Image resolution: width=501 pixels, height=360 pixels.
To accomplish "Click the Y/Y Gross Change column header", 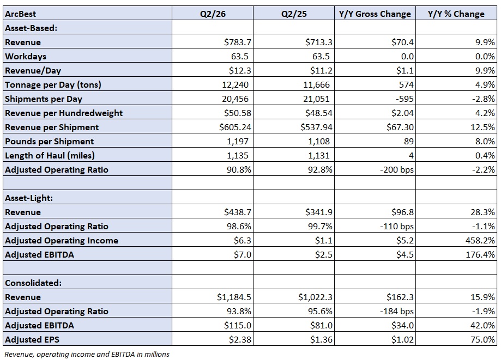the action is tap(375, 14).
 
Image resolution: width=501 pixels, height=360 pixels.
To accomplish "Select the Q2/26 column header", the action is tap(213, 14).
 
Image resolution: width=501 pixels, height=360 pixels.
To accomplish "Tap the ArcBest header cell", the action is tap(21, 14).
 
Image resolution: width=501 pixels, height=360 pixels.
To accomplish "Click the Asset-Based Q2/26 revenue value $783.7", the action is tap(237, 42).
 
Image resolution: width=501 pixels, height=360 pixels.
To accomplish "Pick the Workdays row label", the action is tap(26, 56).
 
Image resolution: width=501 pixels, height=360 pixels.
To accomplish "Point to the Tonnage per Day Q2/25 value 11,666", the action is tap(316, 84).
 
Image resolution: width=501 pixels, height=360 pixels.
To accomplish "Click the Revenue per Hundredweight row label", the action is tap(64, 113).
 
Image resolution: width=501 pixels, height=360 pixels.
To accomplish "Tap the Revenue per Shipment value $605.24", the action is tap(235, 127).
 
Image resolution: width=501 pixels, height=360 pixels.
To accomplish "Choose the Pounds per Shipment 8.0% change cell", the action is tap(485, 141).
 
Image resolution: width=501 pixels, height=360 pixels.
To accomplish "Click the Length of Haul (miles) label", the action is tap(50, 155).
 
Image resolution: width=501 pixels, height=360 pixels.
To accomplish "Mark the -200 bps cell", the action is tap(397, 169).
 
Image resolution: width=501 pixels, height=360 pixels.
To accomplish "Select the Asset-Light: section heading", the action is tap(29, 198).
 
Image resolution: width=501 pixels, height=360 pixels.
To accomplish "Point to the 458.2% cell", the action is tap(480, 240).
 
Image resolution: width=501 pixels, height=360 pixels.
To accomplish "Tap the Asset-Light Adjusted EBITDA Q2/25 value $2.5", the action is tap(323, 254).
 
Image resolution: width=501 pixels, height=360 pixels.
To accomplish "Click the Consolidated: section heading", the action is tap(33, 283).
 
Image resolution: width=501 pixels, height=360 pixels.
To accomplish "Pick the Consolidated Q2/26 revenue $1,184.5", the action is tap(234, 297).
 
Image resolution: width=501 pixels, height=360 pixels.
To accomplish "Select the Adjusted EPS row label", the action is tap(32, 339).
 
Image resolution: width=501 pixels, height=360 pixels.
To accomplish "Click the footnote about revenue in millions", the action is tap(87, 354).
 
